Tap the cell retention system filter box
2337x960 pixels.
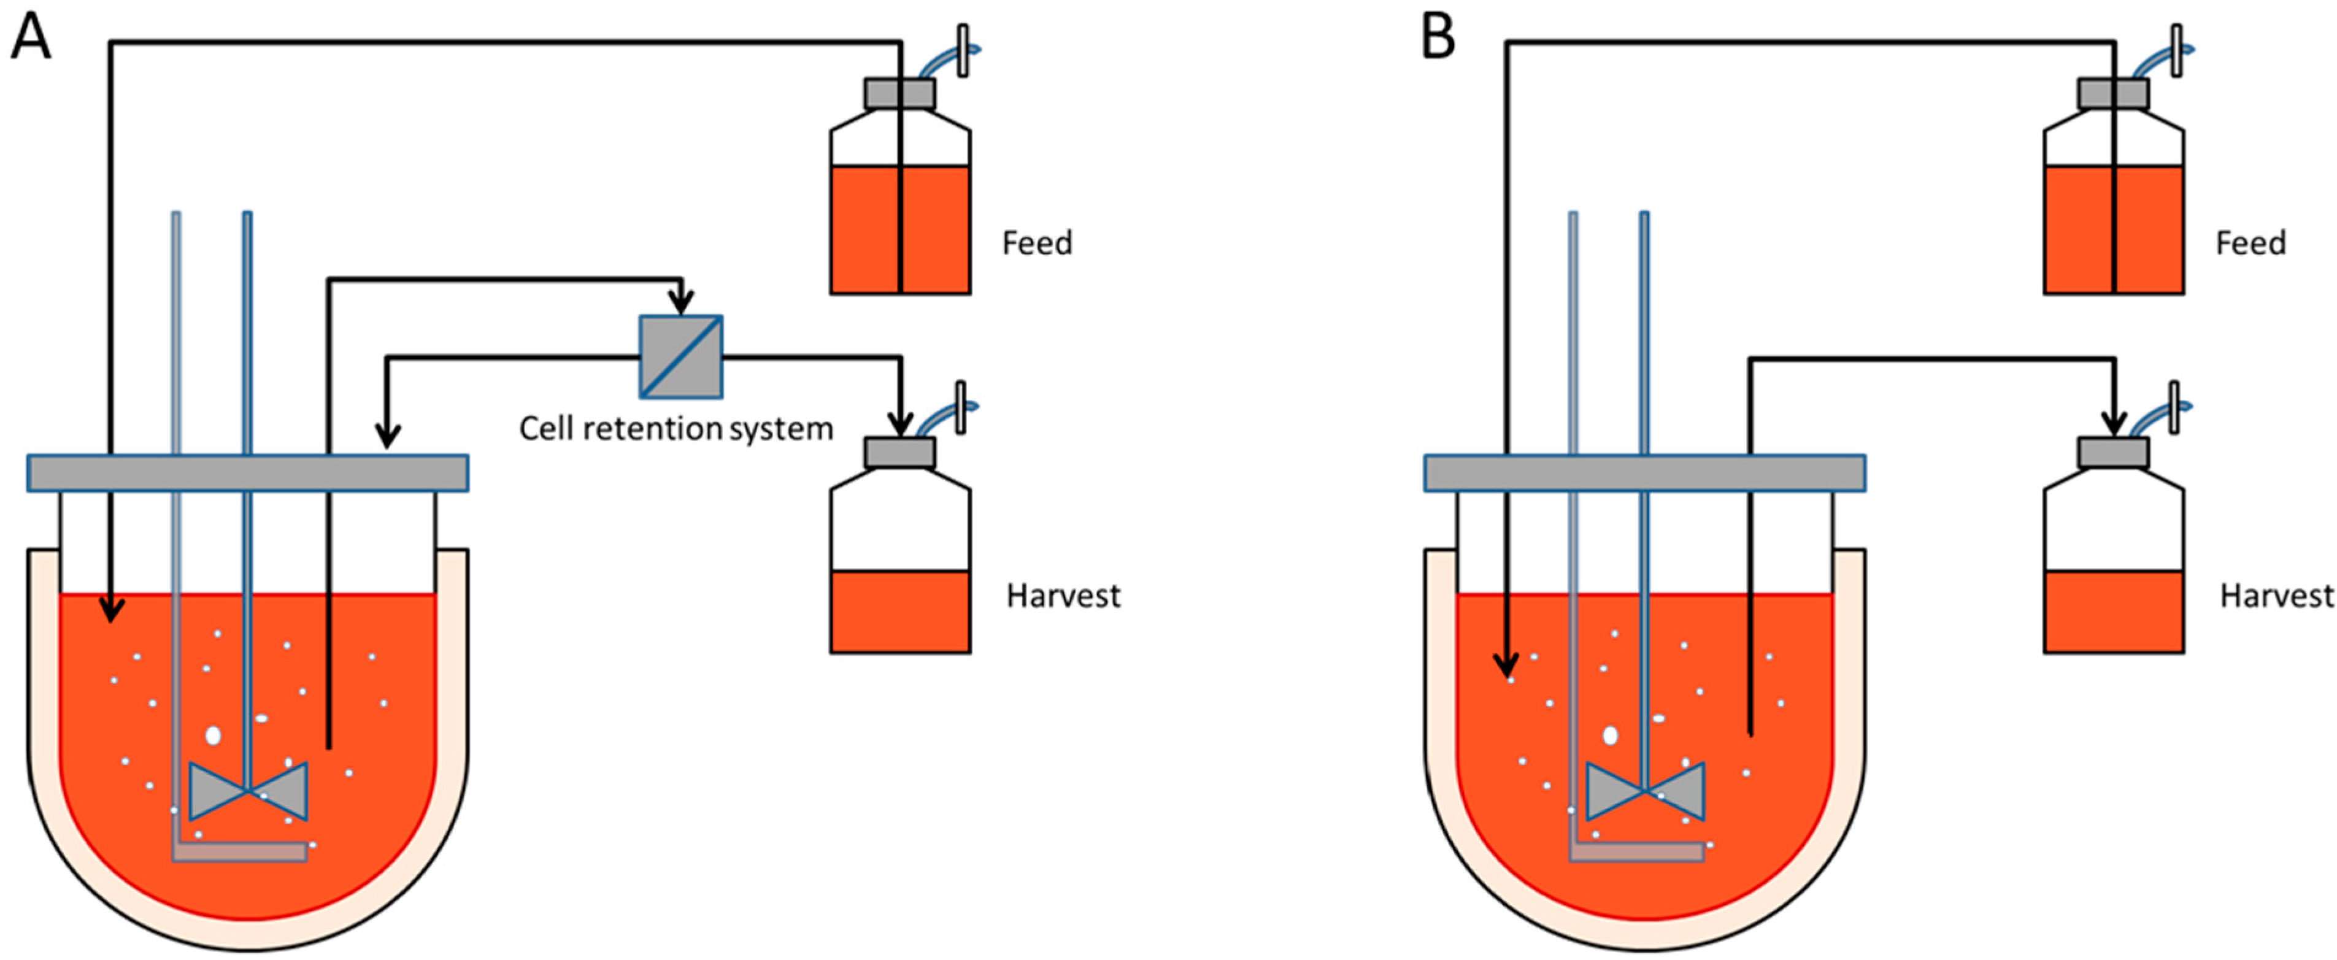(680, 356)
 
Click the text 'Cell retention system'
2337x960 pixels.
(676, 428)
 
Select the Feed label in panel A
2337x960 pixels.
(1037, 243)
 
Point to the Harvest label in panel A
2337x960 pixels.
(1063, 596)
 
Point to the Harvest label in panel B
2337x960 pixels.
(2276, 596)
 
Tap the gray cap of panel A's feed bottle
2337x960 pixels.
(899, 93)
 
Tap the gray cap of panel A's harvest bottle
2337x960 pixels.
(899, 453)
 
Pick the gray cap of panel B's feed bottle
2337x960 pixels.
(2113, 93)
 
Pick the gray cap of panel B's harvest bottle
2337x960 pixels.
(2113, 453)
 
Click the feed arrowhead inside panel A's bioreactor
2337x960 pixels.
(110, 610)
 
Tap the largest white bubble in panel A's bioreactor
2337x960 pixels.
(213, 735)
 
